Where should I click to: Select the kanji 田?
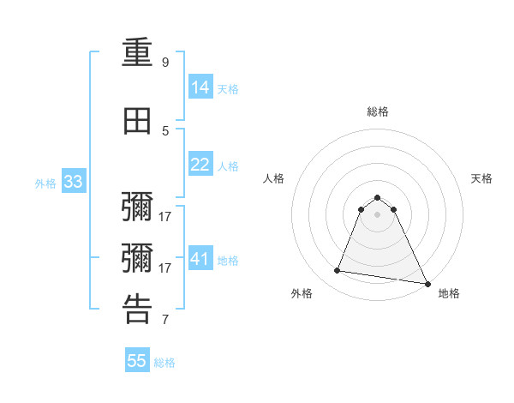(138, 121)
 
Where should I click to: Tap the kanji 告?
(138, 310)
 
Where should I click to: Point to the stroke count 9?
(165, 63)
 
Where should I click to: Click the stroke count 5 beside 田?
(165, 130)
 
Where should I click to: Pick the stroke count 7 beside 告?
(165, 320)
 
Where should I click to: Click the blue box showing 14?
(200, 87)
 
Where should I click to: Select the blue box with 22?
(200, 165)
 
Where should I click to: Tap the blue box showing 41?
(200, 259)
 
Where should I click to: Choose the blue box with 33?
(73, 182)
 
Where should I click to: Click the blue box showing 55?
(137, 361)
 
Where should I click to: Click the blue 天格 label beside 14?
(228, 88)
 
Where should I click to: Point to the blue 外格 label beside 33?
(45, 183)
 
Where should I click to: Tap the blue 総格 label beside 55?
(164, 362)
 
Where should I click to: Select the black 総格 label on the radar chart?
(378, 111)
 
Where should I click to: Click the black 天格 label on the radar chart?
(481, 178)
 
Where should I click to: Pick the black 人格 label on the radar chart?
(274, 178)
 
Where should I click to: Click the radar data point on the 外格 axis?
(338, 271)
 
